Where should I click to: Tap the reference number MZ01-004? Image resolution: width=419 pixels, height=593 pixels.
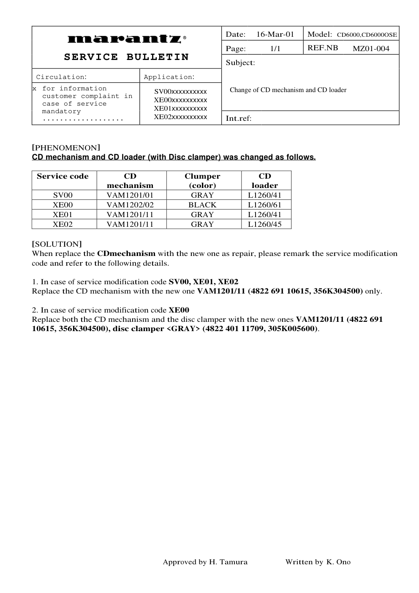(371, 49)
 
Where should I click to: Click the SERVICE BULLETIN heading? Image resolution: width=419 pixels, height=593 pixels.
(126, 57)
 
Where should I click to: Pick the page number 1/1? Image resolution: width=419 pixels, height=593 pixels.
(275, 49)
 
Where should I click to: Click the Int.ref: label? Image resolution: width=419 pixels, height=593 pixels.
(239, 118)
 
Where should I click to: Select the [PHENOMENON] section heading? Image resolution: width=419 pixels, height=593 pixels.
(66, 148)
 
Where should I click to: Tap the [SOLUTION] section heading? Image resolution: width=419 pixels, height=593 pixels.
(57, 244)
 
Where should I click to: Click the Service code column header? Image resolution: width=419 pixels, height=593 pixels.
(63, 177)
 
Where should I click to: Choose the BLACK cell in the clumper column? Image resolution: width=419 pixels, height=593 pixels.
(202, 205)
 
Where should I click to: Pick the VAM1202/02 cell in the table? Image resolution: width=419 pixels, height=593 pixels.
(130, 205)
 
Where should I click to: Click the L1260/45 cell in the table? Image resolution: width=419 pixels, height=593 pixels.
(264, 224)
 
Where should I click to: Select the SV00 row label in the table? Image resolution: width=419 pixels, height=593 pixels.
(63, 195)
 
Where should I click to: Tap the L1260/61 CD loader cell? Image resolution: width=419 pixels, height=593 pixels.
(264, 205)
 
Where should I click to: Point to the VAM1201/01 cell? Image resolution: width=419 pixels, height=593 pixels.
(130, 195)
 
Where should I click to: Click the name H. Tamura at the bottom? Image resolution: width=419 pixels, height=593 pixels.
(228, 562)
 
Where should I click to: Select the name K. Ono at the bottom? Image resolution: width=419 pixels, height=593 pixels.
(338, 562)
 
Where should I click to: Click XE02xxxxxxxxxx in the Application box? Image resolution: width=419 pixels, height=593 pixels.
(180, 117)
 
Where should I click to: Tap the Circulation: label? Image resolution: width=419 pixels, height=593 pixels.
(61, 77)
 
